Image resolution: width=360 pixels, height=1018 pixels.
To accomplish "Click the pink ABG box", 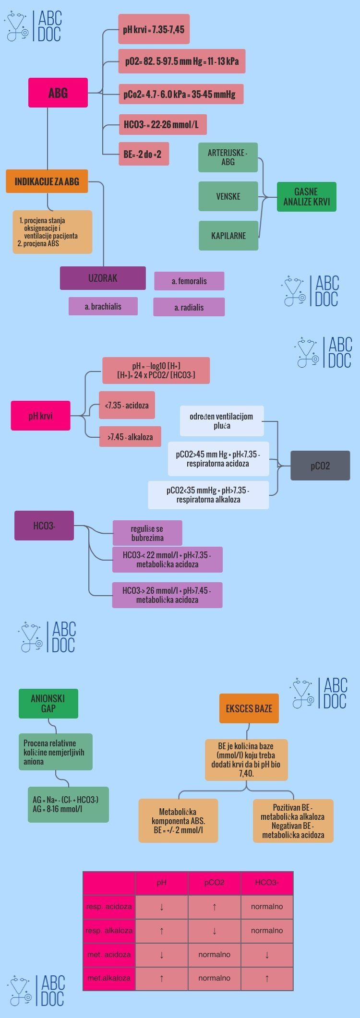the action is click(58, 93).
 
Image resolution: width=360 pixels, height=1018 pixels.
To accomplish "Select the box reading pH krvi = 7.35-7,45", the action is click(154, 30).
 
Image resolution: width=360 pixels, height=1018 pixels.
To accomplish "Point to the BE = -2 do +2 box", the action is click(144, 154).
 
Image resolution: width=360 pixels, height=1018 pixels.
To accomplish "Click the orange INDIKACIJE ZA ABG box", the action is click(47, 181).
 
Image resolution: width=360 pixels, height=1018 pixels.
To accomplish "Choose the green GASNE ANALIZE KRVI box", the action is click(307, 197).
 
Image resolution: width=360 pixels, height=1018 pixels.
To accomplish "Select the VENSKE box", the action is click(228, 196).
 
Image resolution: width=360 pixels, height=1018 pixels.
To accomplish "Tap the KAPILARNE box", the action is click(228, 236).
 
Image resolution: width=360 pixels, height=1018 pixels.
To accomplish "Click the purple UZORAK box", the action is click(103, 278).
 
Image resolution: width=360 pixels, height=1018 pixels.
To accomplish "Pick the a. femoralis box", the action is click(189, 281).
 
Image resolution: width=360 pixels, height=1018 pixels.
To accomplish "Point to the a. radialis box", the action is click(189, 307).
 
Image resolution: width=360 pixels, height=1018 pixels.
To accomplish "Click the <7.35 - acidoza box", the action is click(127, 405).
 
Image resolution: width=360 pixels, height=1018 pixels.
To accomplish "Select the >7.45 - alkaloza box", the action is click(130, 437).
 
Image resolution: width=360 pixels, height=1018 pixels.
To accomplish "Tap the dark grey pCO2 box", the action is click(320, 466).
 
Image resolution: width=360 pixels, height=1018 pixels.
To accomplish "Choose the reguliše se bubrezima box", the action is click(147, 533).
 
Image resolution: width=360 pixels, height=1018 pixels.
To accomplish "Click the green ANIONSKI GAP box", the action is click(48, 704).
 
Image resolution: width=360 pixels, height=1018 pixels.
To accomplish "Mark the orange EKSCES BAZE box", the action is click(249, 708).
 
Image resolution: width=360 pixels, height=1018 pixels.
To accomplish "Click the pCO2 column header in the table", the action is click(215, 882).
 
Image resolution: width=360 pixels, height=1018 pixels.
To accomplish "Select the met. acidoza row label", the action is click(109, 954).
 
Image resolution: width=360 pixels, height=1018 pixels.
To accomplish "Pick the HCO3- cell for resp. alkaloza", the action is click(267, 930).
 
